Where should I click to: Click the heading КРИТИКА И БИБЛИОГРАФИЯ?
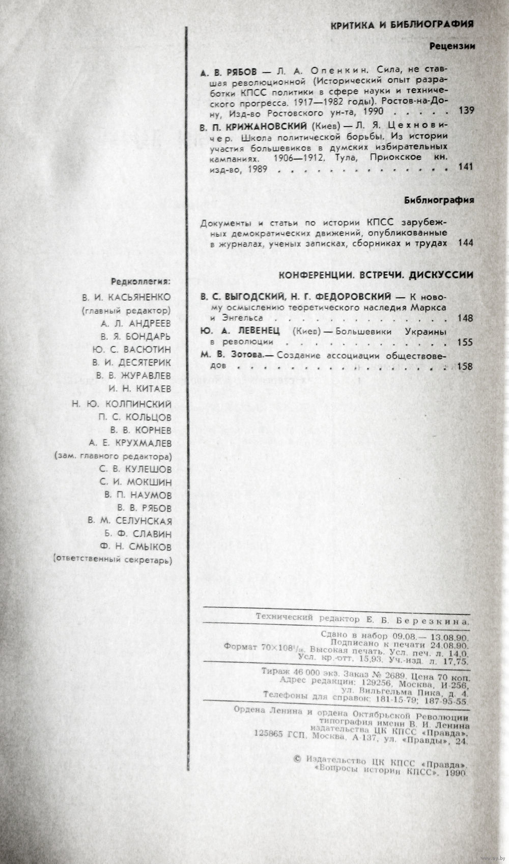click(402, 24)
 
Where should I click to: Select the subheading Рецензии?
click(452, 46)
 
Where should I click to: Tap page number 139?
click(466, 111)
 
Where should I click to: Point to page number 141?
click(466, 166)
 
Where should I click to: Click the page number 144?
click(466, 243)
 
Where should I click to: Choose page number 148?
click(466, 318)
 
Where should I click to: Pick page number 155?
click(466, 342)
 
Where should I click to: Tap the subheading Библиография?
click(439, 200)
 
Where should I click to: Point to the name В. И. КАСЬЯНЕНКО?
click(127, 297)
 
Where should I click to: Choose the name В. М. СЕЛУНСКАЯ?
click(130, 521)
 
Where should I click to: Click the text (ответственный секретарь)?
click(112, 560)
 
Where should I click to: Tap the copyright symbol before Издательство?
click(298, 760)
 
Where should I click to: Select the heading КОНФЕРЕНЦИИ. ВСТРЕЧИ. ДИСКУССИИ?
click(376, 275)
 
